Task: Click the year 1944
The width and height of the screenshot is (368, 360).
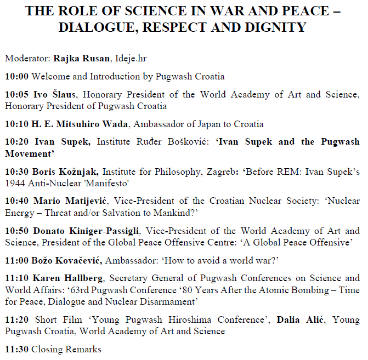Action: (x=15, y=183)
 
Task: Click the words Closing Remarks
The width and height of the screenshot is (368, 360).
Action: (x=66, y=348)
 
